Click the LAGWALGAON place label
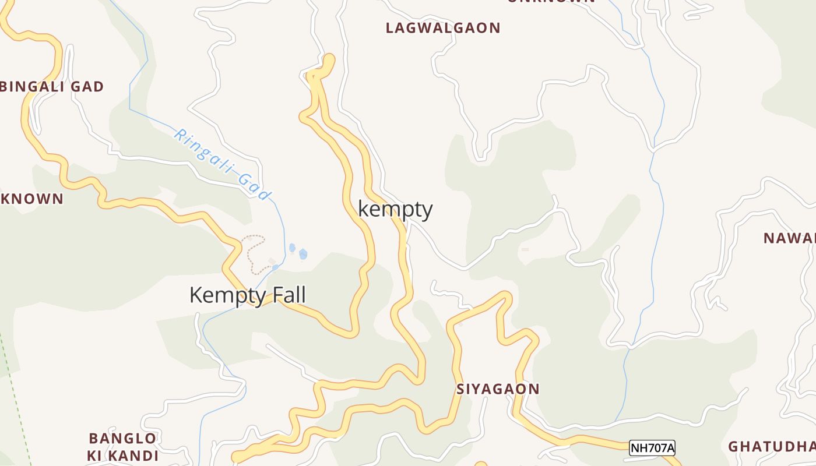(443, 28)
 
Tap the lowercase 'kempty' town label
(395, 209)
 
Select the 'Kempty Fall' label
(247, 295)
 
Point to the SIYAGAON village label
(498, 389)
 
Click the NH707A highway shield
(652, 448)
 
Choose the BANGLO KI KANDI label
(122, 447)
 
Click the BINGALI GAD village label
(51, 87)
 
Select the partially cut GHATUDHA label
(772, 447)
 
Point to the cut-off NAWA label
(790, 238)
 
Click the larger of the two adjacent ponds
(303, 254)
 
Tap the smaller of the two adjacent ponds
(292, 248)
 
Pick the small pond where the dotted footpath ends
(275, 267)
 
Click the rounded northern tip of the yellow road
(329, 58)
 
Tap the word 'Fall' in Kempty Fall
(284, 295)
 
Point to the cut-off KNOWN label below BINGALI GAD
(31, 199)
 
